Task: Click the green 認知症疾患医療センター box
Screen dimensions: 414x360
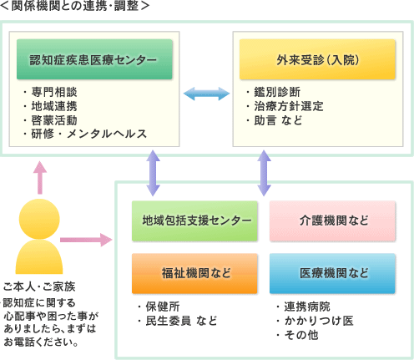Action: pos(94,59)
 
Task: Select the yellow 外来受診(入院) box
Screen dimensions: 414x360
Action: pos(317,59)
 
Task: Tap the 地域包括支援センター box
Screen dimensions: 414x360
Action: pos(194,221)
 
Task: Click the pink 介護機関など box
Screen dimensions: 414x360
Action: pos(332,221)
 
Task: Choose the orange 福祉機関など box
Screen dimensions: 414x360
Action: pos(194,273)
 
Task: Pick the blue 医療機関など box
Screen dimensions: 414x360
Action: pos(332,273)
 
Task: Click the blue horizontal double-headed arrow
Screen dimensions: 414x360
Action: pos(206,94)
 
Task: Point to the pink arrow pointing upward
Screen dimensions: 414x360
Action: pos(40,178)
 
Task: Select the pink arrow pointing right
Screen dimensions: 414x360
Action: pos(86,240)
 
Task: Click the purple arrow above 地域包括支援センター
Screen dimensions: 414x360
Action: pos(153,173)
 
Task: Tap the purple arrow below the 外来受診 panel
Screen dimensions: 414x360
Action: pos(264,173)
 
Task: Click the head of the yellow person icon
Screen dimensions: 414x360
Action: pos(39,219)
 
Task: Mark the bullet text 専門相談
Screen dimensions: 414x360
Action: pos(54,92)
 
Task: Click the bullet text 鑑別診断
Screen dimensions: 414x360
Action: pos(277,92)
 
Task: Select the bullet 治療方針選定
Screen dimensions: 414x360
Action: pos(289,106)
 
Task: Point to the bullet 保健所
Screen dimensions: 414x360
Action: pos(163,307)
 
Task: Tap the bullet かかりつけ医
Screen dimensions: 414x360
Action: pos(319,321)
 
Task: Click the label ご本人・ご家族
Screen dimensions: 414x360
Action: pos(39,286)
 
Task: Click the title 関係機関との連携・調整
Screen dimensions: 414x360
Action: pos(75,6)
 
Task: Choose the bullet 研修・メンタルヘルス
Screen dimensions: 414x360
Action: pos(88,134)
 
